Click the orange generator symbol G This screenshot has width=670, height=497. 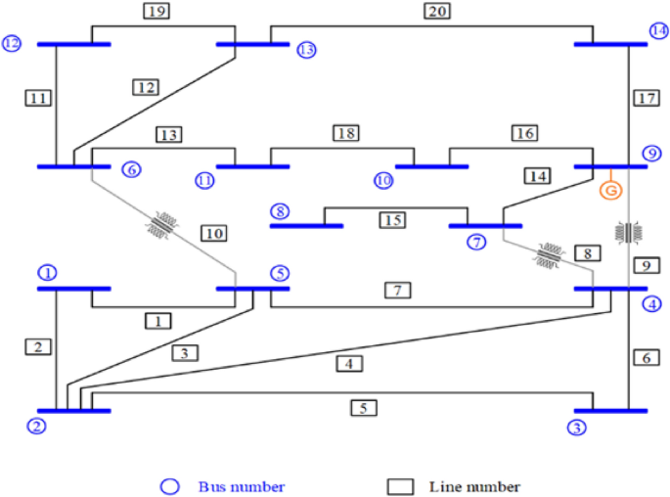point(610,191)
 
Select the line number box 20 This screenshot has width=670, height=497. point(436,12)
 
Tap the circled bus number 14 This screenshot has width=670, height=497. point(659,31)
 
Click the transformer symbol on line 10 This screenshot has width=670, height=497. point(161,225)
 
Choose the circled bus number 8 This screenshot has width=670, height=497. point(280,211)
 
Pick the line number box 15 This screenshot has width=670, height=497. point(393,221)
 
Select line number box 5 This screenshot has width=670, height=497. point(364,407)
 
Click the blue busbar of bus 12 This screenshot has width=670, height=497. point(73,44)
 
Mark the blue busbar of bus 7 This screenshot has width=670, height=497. point(485,226)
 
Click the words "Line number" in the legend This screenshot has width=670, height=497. point(473,486)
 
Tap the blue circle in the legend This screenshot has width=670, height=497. point(171,486)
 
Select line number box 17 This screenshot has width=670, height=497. point(645,99)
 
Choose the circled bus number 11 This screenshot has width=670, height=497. point(204,181)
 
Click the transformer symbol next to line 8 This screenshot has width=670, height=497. point(547,255)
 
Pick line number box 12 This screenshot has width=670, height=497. point(145,87)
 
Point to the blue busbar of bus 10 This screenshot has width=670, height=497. point(431,166)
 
